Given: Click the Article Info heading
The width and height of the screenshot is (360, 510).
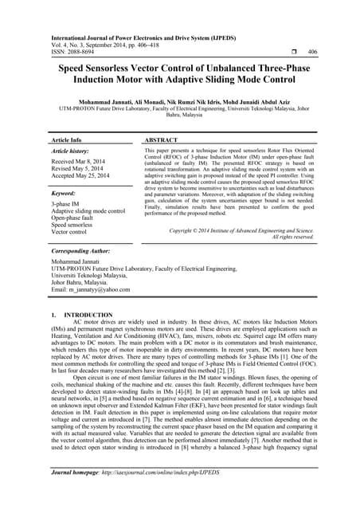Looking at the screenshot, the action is tap(70, 139).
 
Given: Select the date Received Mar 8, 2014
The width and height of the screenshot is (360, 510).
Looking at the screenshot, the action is tap(83, 160).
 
